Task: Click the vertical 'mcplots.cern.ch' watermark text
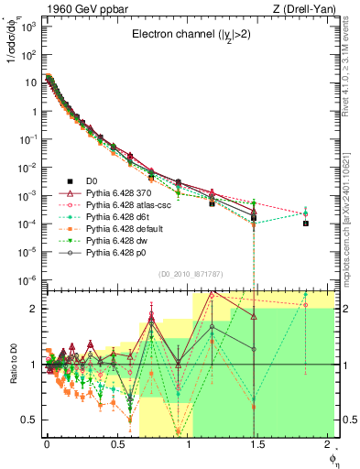point(352,202)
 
